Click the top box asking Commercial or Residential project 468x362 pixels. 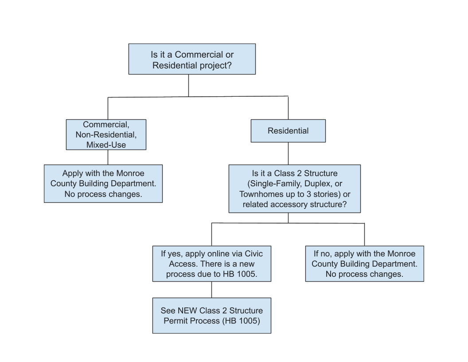(192, 59)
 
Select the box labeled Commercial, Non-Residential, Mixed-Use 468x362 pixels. (106, 134)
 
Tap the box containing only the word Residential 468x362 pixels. (288, 131)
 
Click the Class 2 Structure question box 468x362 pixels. (294, 189)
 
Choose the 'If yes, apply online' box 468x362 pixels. (211, 264)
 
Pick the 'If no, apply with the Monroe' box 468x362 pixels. (364, 264)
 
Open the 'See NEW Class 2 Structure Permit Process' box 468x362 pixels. (211, 315)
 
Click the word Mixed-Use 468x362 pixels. (106, 145)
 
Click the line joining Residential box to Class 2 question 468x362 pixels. (288, 153)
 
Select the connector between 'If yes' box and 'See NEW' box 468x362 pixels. (211, 290)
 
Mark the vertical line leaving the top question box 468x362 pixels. (188, 85)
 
